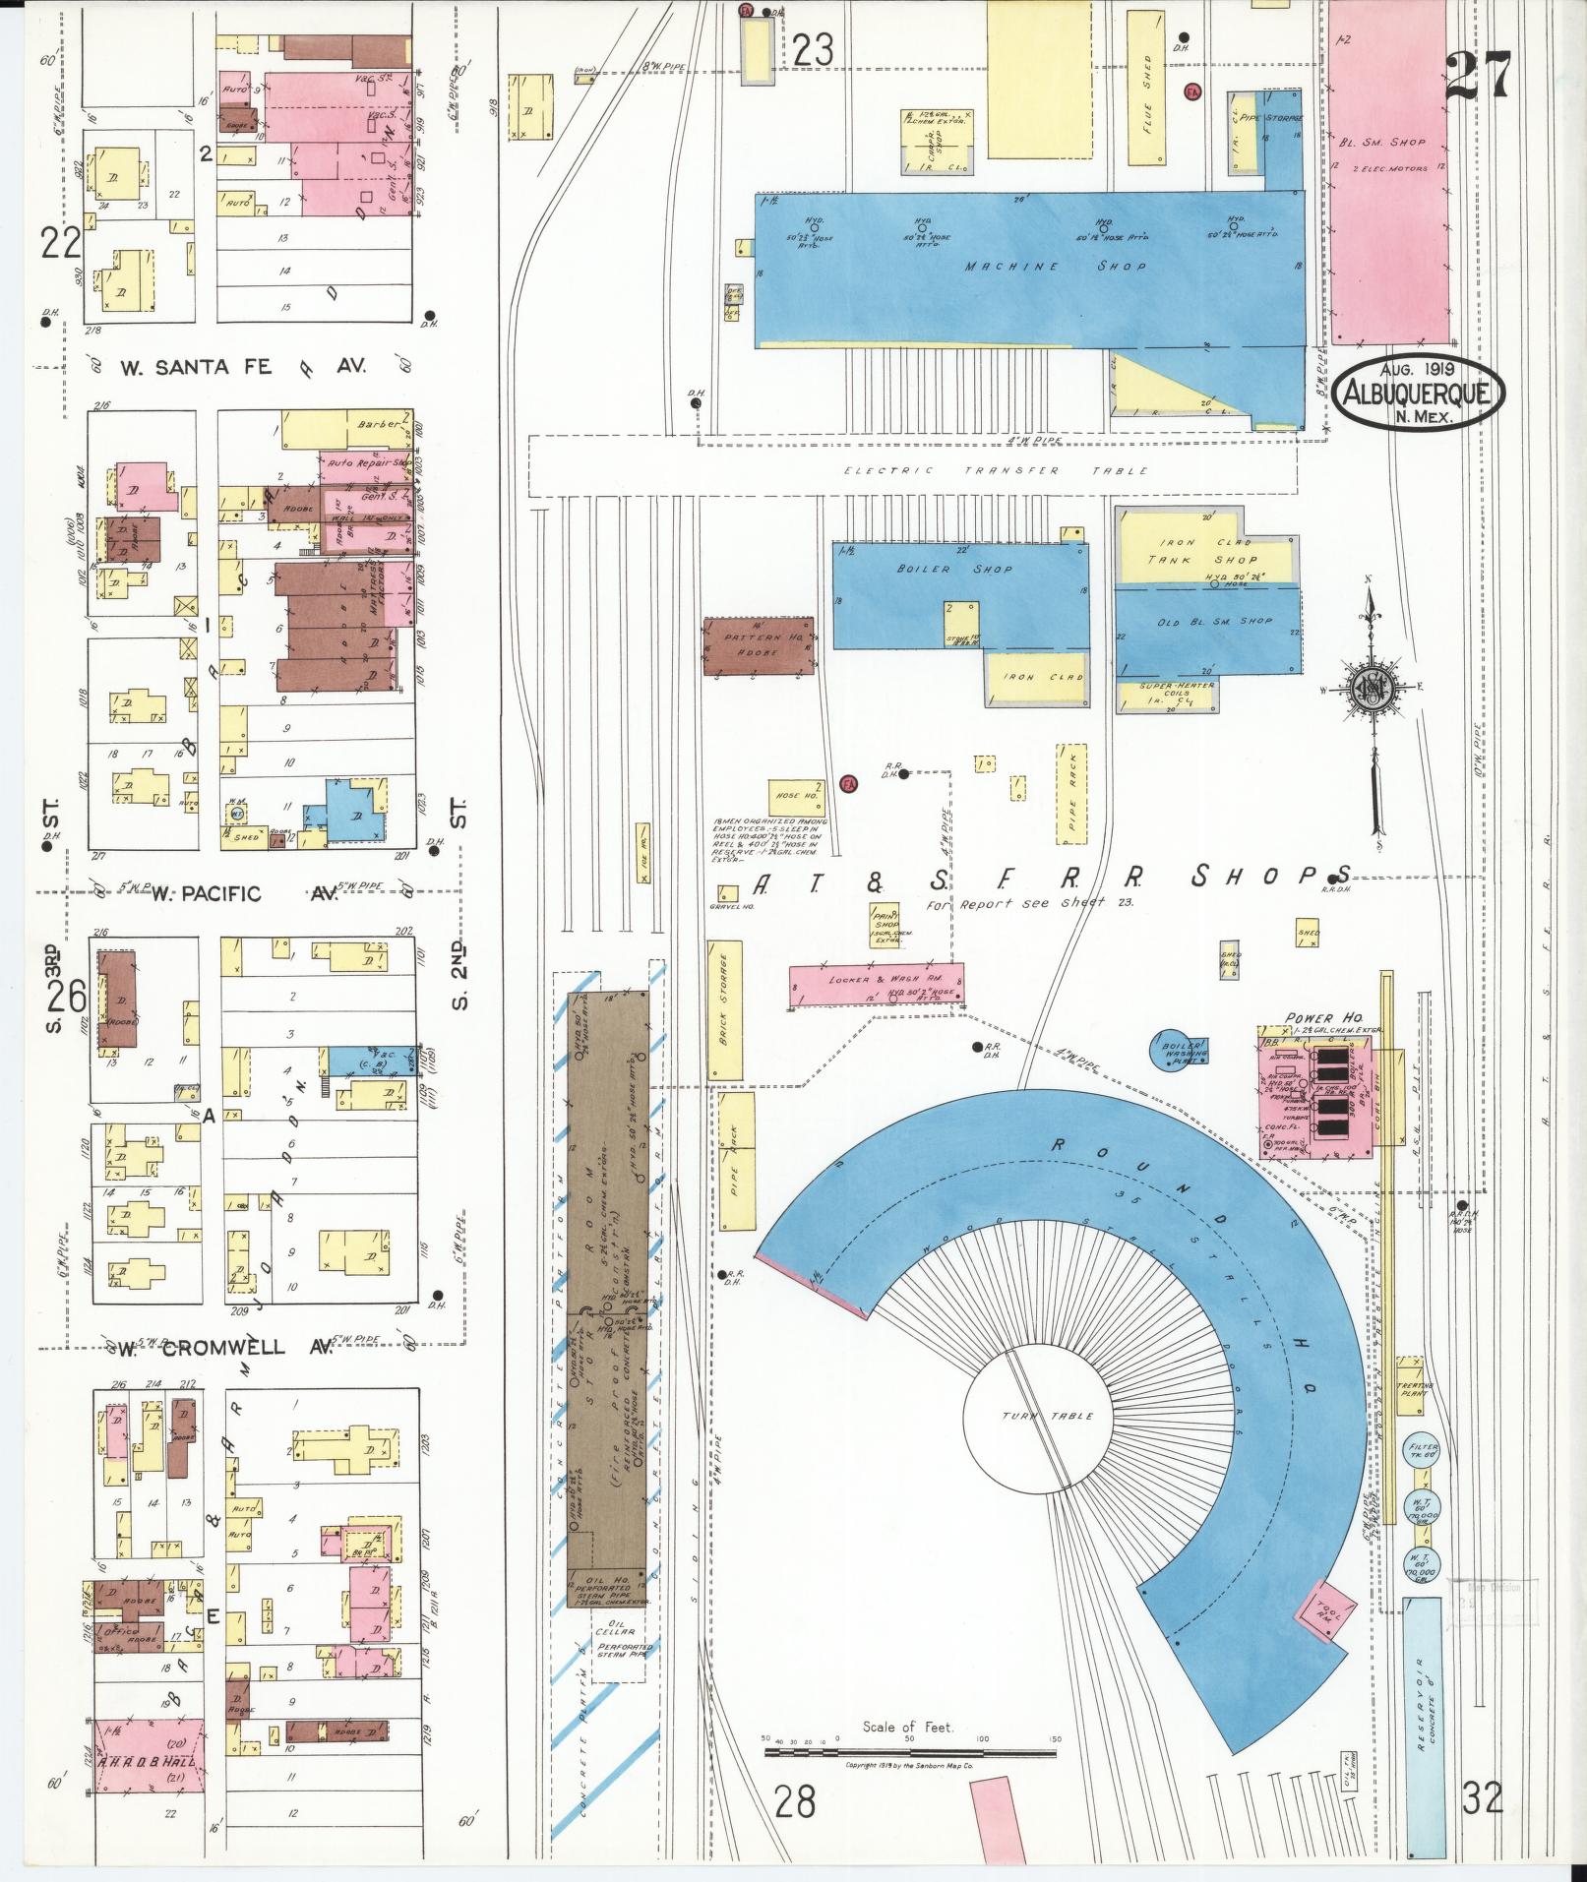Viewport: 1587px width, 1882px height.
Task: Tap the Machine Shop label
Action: (1055, 267)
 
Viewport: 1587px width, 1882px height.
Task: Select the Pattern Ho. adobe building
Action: (759, 646)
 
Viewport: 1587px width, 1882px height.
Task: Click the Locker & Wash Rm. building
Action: (876, 986)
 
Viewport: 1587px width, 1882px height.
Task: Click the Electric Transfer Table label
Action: (997, 471)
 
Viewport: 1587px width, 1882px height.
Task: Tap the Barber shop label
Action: (380, 425)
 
